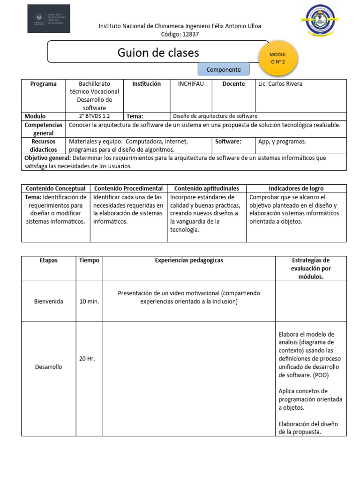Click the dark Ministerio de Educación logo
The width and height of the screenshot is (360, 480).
49,19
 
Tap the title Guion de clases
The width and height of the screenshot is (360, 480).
158,52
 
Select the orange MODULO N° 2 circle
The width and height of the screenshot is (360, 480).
278,58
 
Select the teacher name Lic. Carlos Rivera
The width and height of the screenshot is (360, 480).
280,84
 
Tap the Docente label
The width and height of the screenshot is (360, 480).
233,84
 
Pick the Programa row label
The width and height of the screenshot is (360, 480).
43,84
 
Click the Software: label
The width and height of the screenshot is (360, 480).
228,141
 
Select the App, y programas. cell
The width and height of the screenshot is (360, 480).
282,141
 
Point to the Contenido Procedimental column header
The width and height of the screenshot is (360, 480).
128,188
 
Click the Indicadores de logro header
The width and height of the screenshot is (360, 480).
296,188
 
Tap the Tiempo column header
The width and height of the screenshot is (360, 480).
89,260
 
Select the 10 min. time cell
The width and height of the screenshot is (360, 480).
89,301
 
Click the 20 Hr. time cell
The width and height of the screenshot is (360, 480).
87,359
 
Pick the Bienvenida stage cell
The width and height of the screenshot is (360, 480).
49,301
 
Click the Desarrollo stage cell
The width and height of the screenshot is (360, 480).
49,367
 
